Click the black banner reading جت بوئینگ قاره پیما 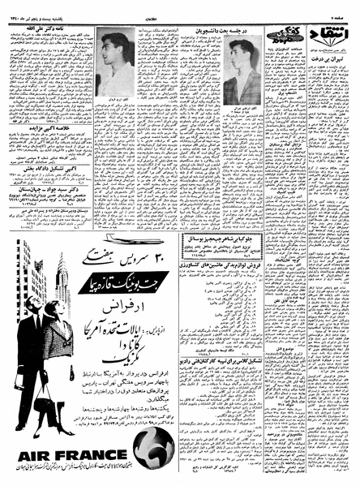111,285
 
